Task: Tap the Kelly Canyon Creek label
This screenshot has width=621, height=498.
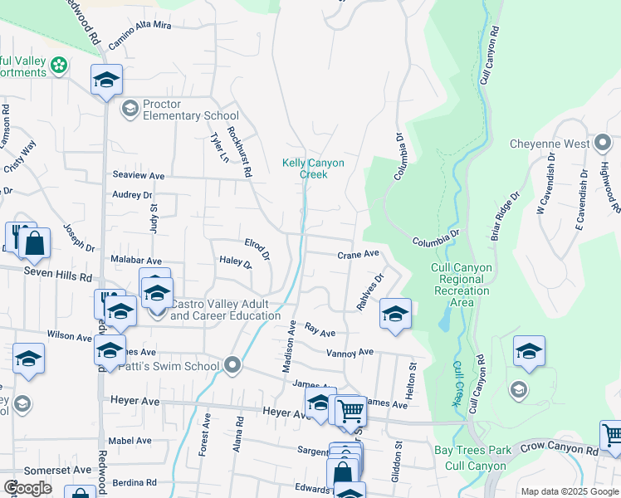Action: coord(313,168)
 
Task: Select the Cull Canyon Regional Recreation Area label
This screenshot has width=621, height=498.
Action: coord(462,285)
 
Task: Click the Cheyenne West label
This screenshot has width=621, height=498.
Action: coord(549,144)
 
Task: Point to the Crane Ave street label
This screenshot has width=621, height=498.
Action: coord(358,254)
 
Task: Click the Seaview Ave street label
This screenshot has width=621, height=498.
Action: coord(139,176)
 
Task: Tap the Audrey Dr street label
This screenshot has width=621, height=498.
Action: coord(133,195)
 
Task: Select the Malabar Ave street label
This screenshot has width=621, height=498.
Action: coord(136,260)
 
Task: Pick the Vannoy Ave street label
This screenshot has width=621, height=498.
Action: coord(350,353)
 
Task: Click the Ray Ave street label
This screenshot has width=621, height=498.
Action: coord(320,331)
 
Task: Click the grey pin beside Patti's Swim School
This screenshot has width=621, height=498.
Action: coord(232,365)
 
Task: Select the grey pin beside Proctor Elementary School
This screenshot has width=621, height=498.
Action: coord(130,109)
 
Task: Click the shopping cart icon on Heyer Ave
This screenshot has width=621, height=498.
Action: coord(351,409)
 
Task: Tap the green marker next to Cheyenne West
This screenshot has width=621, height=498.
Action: coord(604,144)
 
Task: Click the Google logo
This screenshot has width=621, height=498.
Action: coord(27,488)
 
